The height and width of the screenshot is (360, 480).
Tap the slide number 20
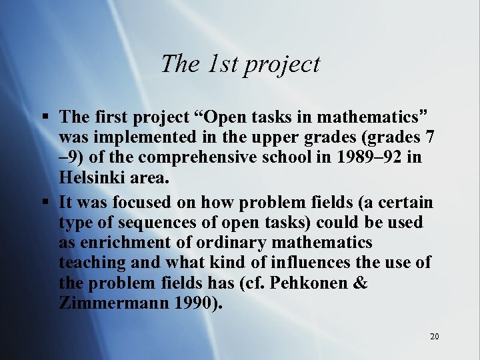(434, 337)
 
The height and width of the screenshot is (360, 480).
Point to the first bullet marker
(44, 117)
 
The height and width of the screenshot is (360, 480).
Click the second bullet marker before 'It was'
(44, 202)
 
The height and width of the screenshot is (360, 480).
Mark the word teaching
(93, 263)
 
